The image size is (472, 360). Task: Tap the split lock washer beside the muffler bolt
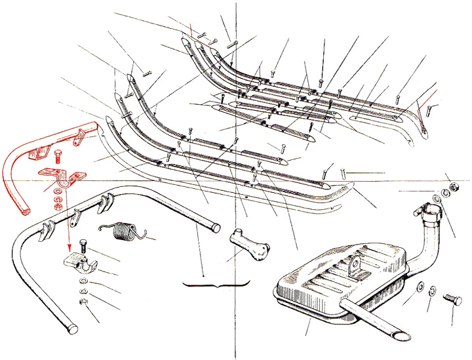[432, 290]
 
